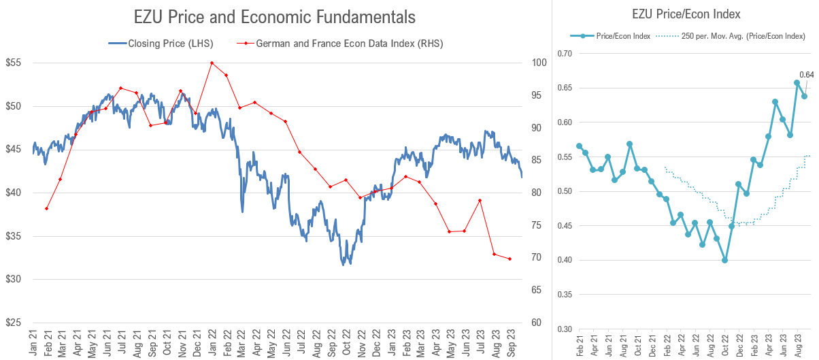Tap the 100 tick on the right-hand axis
538,63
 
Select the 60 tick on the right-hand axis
536,323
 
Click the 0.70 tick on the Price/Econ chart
565,54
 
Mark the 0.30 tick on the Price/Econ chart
565,329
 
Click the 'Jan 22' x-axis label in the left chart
212,342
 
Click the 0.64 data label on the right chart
806,75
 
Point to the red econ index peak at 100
212,63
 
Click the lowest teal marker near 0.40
725,260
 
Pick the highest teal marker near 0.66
797,82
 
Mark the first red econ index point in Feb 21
46,208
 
